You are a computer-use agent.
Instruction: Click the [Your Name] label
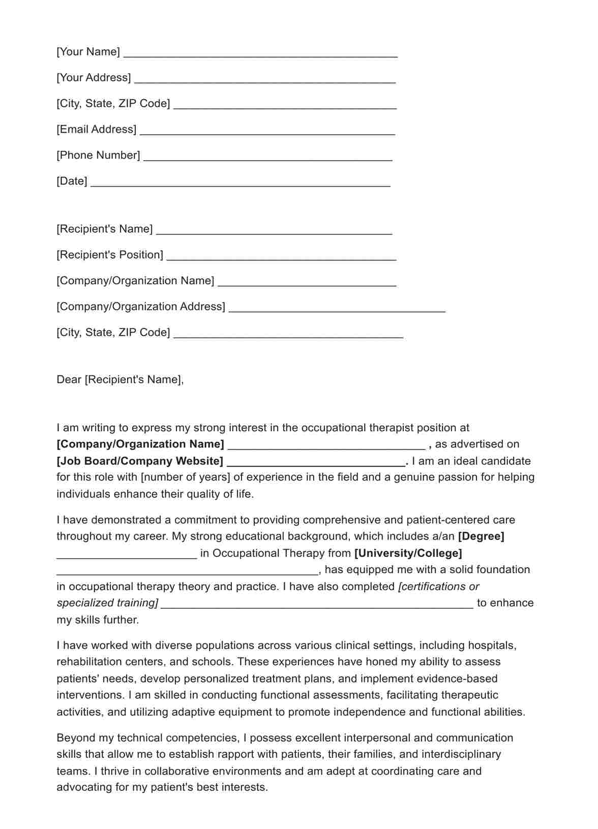coord(88,52)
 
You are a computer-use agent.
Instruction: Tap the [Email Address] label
coord(96,129)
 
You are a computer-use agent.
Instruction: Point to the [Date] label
coord(72,181)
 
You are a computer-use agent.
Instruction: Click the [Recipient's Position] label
coord(110,255)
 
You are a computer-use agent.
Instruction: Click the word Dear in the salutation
coord(69,380)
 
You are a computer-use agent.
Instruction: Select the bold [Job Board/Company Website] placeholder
coord(140,461)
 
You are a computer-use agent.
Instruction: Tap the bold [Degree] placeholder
coord(481,537)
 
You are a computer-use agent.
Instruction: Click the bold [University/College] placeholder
coord(408,553)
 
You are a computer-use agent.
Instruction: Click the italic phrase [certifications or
coord(438,587)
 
